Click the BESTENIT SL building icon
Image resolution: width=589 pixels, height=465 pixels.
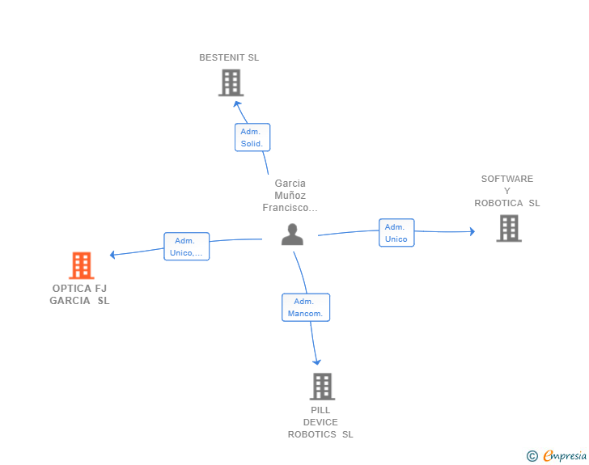tap(231, 82)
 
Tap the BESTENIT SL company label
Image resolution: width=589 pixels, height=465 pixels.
tap(229, 57)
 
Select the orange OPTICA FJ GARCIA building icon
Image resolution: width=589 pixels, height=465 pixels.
tap(82, 265)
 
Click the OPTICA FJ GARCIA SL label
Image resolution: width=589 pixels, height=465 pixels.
tap(79, 294)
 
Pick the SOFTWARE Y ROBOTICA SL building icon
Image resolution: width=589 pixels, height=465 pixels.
tap(509, 228)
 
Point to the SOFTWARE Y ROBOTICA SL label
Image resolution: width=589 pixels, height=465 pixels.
tap(507, 191)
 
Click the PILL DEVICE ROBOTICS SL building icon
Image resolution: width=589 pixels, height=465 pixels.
tap(322, 387)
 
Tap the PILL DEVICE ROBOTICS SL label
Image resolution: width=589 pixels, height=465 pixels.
tap(320, 422)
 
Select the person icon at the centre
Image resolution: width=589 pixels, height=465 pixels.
tap(292, 235)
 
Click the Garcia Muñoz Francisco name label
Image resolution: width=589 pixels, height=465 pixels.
tap(290, 196)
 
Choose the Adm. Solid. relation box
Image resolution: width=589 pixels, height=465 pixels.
tap(252, 137)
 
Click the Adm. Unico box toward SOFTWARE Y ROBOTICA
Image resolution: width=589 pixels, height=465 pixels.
tap(396, 233)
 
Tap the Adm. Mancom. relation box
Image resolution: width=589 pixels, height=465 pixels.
tap(306, 307)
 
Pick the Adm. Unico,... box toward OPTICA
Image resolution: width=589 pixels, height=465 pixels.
tap(187, 247)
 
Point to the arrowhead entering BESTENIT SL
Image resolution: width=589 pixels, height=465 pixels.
tap(237, 104)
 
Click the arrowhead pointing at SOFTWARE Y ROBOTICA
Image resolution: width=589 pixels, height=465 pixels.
tap(472, 231)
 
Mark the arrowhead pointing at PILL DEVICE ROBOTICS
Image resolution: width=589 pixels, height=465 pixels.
tap(316, 361)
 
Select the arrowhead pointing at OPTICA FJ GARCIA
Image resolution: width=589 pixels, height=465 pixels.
tap(112, 255)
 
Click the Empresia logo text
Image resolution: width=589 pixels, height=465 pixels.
tap(565, 456)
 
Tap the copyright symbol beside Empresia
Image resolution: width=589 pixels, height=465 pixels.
tap(532, 456)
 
